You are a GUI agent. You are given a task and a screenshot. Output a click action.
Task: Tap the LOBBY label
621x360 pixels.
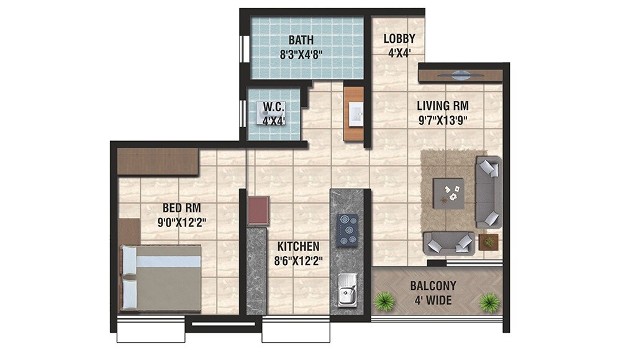tap(399, 39)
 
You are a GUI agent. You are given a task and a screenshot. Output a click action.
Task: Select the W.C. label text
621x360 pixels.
tap(274, 107)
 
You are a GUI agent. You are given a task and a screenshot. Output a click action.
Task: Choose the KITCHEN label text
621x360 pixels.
tap(298, 246)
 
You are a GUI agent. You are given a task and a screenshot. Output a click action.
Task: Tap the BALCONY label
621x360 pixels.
tap(433, 286)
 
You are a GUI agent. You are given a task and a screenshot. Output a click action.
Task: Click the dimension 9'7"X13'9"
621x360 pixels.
tap(442, 120)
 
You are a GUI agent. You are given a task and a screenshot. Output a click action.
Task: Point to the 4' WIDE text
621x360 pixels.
tap(433, 302)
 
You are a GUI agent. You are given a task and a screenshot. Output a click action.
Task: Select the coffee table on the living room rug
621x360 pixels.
tap(448, 191)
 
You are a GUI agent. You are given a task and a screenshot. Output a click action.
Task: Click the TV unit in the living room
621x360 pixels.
tap(460, 76)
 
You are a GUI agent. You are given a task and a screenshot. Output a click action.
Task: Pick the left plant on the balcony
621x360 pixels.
tap(385, 302)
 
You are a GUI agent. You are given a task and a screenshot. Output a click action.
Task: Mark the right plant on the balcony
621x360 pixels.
tap(489, 302)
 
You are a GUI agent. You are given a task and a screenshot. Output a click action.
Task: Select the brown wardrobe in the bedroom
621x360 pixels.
tap(158, 161)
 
